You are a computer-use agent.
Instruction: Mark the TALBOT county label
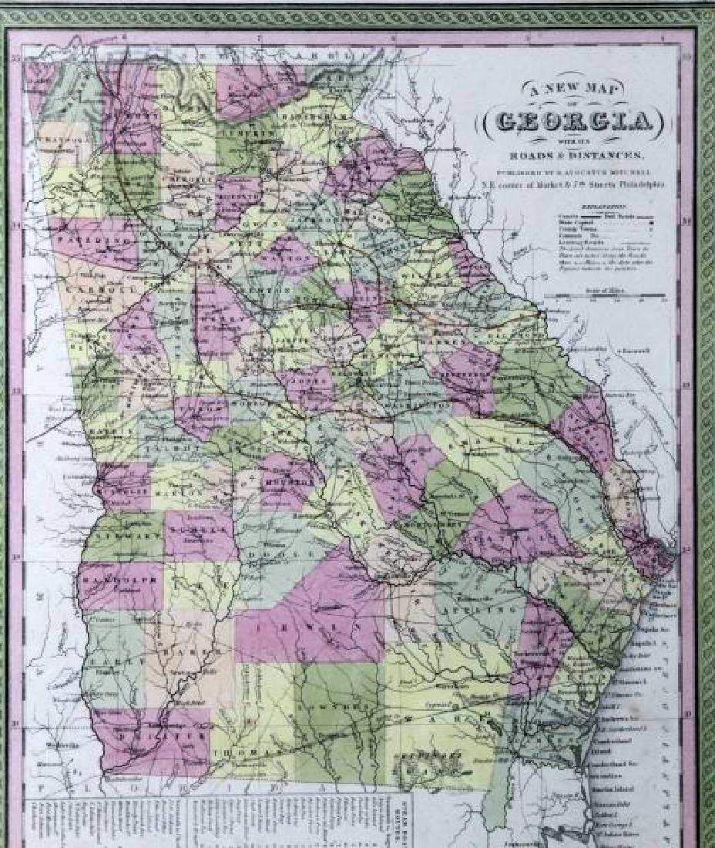pyautogui.click(x=185, y=447)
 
